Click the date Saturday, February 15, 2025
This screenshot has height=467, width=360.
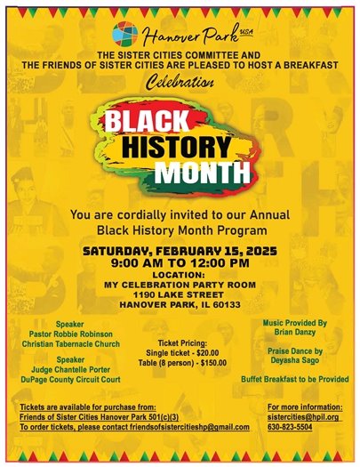(180, 252)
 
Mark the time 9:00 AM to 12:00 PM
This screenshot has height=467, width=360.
(180, 263)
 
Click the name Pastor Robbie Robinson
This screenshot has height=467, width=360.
(77, 334)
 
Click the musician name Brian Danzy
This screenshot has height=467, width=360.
(296, 329)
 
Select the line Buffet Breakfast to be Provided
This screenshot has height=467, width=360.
(296, 379)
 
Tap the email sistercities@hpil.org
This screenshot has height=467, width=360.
(302, 416)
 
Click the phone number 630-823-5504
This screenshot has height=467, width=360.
(290, 427)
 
